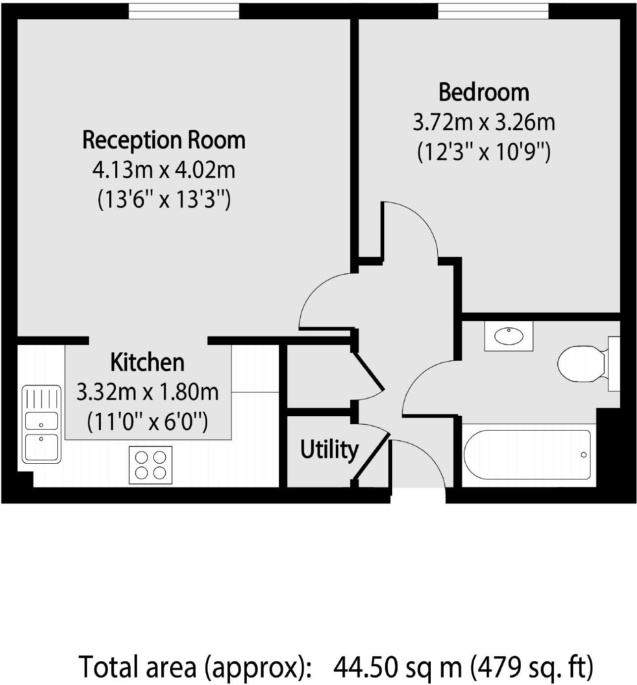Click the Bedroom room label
click(484, 93)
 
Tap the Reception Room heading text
click(164, 140)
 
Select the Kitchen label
click(147, 362)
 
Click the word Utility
click(329, 449)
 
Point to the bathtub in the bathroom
click(527, 454)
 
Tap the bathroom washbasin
click(509, 336)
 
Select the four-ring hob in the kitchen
click(150, 465)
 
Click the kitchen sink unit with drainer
click(42, 424)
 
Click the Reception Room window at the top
click(184, 11)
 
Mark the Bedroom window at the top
click(493, 11)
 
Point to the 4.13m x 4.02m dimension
click(164, 170)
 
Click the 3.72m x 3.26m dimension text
click(484, 122)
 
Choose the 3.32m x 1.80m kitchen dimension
click(147, 392)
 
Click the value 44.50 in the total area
click(366, 667)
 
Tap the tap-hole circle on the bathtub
click(584, 455)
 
